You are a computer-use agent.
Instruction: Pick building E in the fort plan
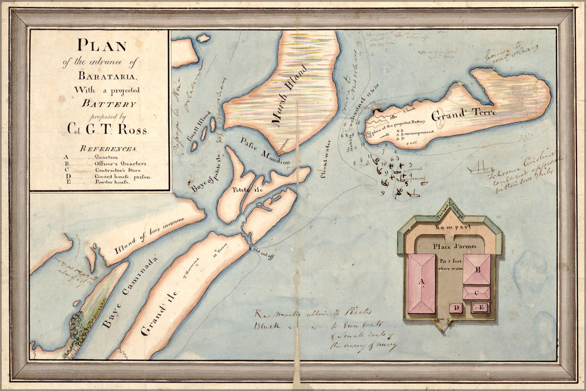point(479,307)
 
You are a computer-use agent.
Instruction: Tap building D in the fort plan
point(456,308)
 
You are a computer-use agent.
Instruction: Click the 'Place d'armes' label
point(450,246)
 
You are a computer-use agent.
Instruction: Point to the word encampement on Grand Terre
point(419,132)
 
